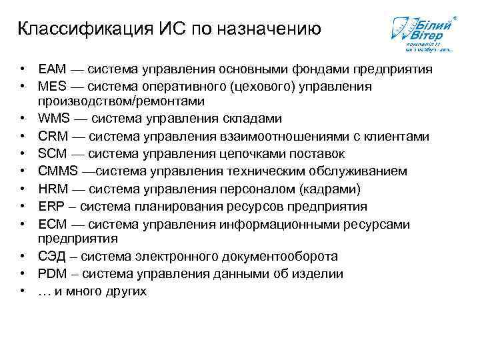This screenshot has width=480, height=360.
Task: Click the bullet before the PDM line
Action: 23,274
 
